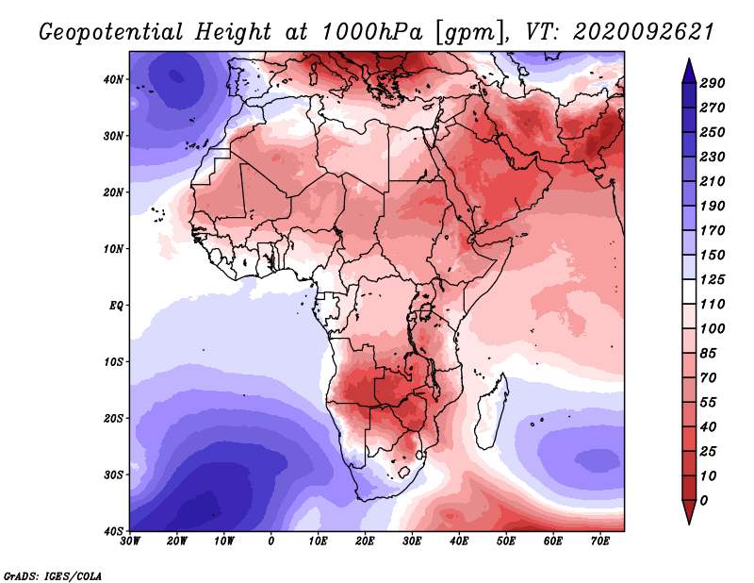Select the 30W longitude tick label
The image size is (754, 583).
pos(130,541)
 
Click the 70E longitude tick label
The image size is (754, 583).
pos(600,541)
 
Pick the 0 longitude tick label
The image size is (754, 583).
pos(271,541)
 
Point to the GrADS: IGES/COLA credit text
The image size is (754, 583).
pos(52,575)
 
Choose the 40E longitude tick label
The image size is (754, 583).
pos(459,541)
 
